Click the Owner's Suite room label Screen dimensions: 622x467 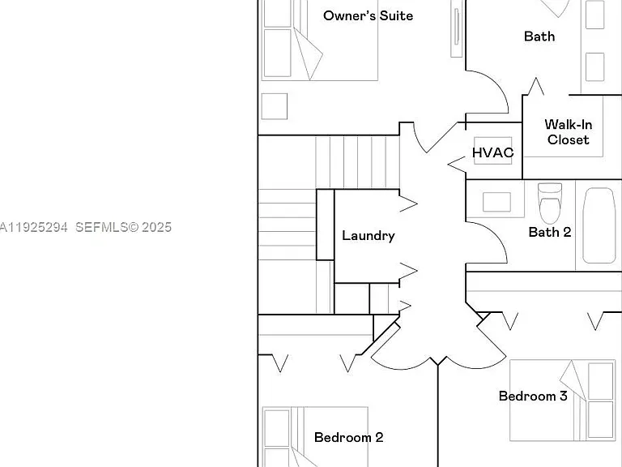pyautogui.click(x=369, y=16)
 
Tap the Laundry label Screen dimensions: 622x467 pyautogui.click(x=369, y=235)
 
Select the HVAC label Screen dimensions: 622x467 pyautogui.click(x=493, y=152)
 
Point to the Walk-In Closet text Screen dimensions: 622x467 pyautogui.click(x=569, y=132)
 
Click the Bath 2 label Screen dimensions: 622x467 pyautogui.click(x=550, y=232)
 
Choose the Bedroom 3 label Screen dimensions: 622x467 pyautogui.click(x=533, y=396)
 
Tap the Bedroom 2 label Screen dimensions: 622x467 pyautogui.click(x=349, y=437)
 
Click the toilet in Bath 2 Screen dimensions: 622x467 pyautogui.click(x=550, y=203)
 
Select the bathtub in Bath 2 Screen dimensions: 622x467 pyautogui.click(x=599, y=225)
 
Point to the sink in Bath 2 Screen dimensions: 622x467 pyautogui.click(x=496, y=202)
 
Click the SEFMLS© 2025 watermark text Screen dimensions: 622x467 pyautogui.click(x=123, y=227)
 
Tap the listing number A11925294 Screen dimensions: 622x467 pyautogui.click(x=33, y=227)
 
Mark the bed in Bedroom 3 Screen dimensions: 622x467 pyautogui.click(x=563, y=401)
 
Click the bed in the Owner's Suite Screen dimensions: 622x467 pyautogui.click(x=320, y=40)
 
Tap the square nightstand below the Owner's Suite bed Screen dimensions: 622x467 pyautogui.click(x=275, y=106)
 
